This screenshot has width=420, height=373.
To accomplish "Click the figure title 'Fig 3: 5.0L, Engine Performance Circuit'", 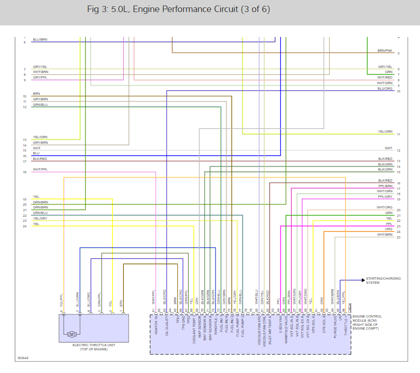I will (x=179, y=9).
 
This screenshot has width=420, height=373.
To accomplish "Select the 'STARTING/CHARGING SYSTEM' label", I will (x=383, y=281).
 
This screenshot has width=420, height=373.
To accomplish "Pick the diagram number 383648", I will (x=23, y=358).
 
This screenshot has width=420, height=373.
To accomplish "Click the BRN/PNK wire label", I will (x=384, y=50).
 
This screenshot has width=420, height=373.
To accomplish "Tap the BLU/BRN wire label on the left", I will (x=40, y=40).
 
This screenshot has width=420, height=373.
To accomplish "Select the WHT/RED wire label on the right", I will (x=384, y=78).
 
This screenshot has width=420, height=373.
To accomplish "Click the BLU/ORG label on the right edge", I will (x=384, y=88).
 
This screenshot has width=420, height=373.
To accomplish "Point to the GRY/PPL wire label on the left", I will (x=40, y=78).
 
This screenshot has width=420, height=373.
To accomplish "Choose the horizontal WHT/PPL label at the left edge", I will (x=40, y=170).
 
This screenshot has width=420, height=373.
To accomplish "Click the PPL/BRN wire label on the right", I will (x=385, y=186).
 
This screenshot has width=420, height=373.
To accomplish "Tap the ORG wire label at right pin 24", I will (x=389, y=229).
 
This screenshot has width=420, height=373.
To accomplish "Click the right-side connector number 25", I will (x=398, y=237).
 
